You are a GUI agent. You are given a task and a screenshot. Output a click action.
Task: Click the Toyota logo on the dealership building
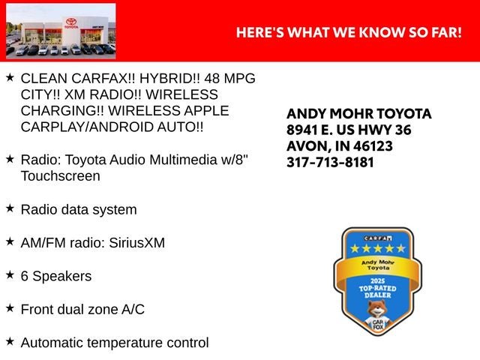click(71, 22)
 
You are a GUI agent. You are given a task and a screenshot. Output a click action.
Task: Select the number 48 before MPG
click(211, 79)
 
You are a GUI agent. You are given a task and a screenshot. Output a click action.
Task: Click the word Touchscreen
click(60, 176)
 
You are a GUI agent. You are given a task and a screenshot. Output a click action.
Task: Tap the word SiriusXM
click(136, 243)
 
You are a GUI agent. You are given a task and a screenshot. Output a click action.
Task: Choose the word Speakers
click(62, 276)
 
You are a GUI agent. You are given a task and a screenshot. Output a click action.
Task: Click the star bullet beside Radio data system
click(10, 208)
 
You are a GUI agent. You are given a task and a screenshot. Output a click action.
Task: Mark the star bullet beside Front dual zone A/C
click(10, 308)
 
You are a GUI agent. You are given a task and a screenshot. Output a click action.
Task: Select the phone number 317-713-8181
click(330, 162)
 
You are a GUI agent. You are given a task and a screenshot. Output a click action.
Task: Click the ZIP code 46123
click(373, 146)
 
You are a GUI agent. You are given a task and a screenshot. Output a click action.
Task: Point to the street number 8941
click(301, 130)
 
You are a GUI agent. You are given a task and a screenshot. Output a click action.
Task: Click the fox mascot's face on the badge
click(376, 309)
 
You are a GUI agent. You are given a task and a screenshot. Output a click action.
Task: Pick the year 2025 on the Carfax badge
click(377, 281)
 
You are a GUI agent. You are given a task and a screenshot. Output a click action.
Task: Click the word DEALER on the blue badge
click(378, 295)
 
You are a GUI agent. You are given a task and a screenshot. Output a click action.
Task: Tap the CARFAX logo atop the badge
click(378, 238)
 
